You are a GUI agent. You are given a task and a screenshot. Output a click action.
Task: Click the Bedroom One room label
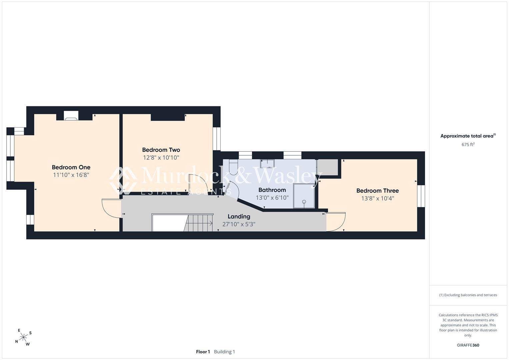(71, 167)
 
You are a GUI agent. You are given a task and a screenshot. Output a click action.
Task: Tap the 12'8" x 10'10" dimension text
(161, 157)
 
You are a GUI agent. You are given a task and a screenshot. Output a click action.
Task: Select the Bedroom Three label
(377, 191)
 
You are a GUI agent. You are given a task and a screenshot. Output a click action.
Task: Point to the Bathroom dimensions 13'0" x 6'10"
(272, 198)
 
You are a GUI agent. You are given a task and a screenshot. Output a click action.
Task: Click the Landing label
(239, 217)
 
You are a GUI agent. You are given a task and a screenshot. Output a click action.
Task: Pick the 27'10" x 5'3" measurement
(239, 224)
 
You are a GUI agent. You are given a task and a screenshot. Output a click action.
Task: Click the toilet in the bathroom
(233, 167)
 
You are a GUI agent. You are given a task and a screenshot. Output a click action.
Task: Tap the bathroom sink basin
(267, 163)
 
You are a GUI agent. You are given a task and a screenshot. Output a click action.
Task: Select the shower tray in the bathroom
(304, 196)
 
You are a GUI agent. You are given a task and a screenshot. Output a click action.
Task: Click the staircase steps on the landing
(198, 223)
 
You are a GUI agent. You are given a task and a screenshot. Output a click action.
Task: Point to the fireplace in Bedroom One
(71, 116)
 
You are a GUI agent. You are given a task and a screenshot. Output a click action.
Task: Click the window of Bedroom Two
(217, 139)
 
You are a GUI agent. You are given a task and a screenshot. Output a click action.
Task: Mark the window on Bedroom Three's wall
(421, 196)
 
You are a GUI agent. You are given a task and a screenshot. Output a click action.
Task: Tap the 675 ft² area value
(468, 145)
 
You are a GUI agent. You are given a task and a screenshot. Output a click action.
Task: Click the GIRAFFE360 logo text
(468, 345)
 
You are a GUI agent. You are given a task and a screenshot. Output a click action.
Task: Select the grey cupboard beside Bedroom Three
(327, 167)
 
